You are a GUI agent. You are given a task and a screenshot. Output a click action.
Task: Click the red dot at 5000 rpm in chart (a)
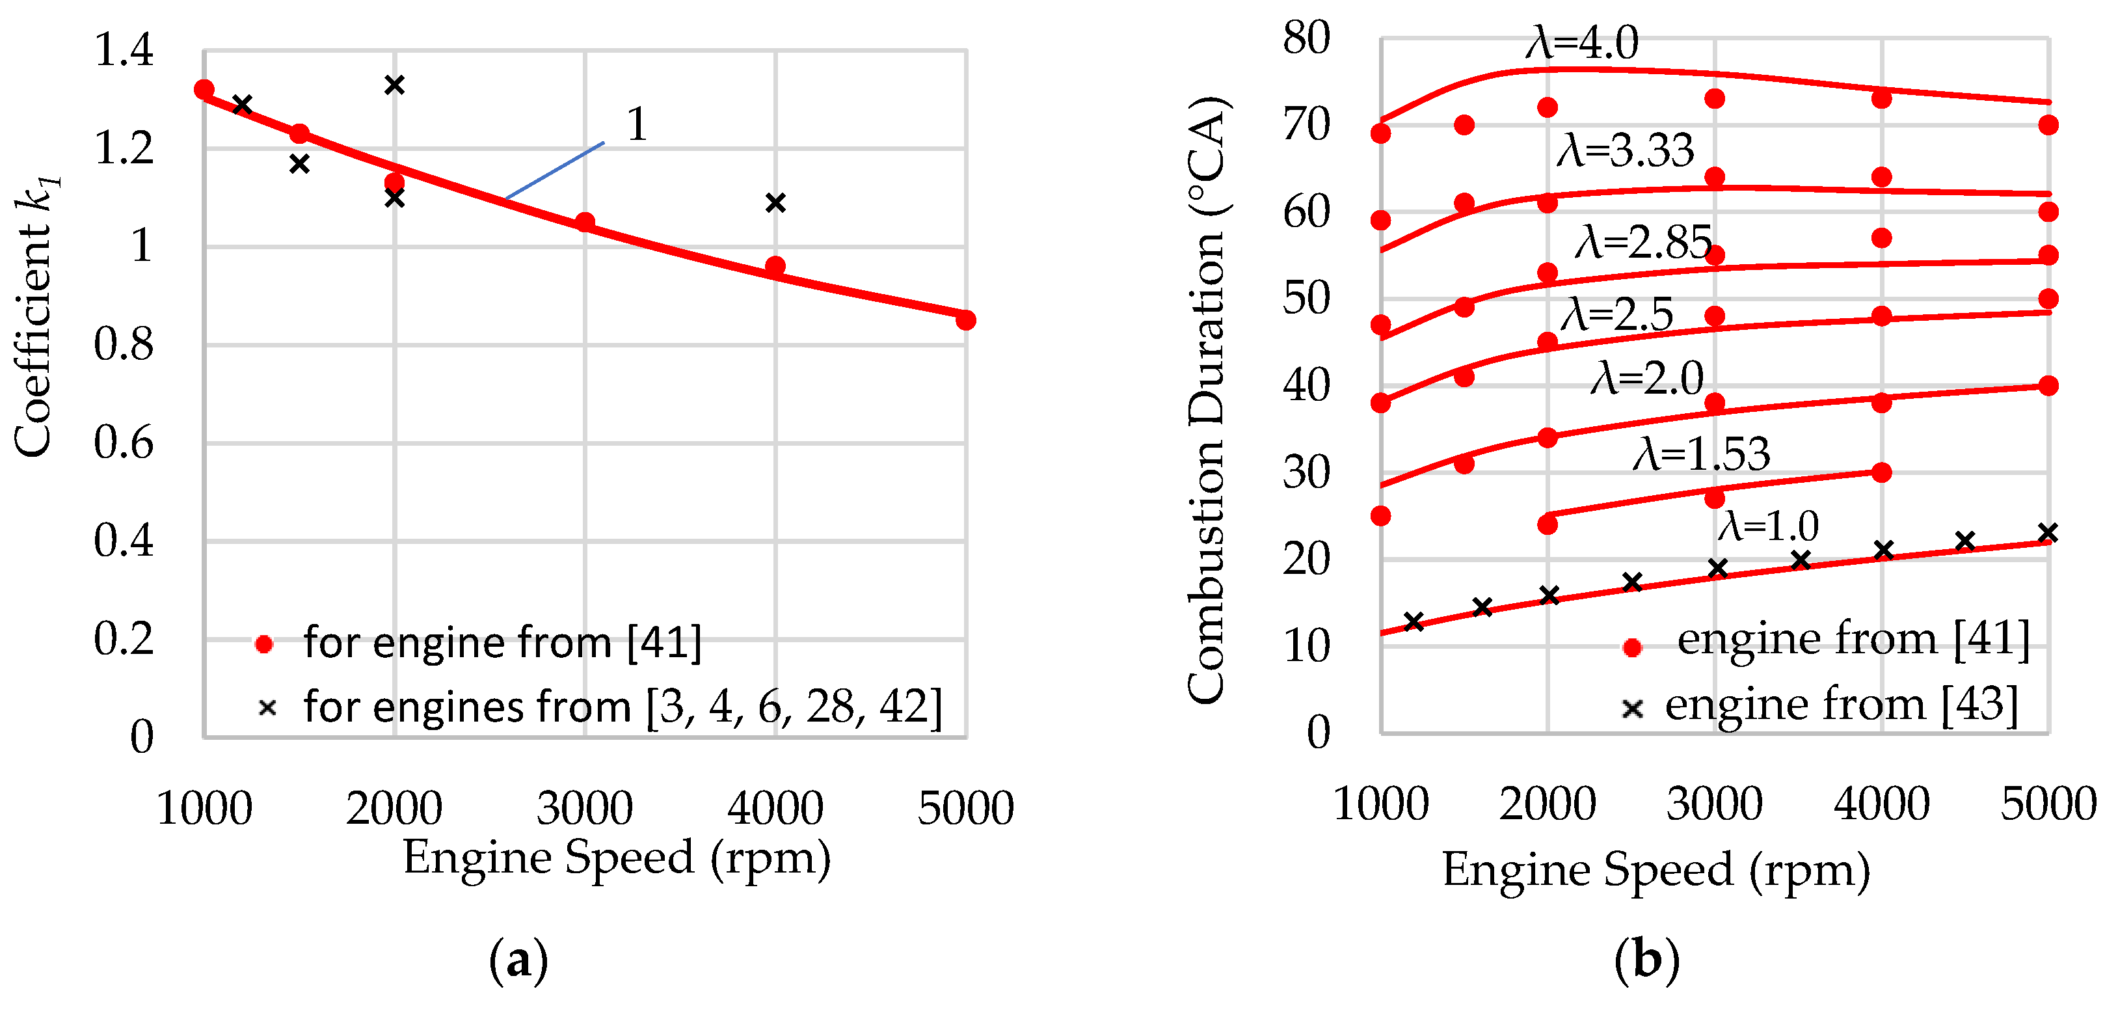tap(965, 320)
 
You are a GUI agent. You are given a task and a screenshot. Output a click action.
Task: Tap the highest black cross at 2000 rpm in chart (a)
tap(395, 85)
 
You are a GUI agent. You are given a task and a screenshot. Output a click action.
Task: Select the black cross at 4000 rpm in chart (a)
tap(775, 202)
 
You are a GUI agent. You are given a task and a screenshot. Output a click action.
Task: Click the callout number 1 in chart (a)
tap(636, 125)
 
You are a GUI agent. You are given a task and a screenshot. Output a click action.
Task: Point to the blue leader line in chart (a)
tap(555, 171)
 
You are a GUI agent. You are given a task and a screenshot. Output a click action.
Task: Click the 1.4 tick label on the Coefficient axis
tap(124, 50)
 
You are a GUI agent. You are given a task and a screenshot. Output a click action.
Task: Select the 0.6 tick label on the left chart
tap(124, 443)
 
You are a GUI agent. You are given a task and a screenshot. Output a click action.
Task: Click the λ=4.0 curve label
tap(1582, 43)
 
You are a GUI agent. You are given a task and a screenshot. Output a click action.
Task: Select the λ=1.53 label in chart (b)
tap(1700, 454)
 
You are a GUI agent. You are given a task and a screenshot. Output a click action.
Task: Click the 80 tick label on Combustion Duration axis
tap(1306, 38)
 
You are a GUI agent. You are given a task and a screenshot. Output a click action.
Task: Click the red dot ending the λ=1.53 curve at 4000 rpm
tap(1881, 472)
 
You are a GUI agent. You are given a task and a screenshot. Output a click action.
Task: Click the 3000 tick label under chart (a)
tap(585, 808)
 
